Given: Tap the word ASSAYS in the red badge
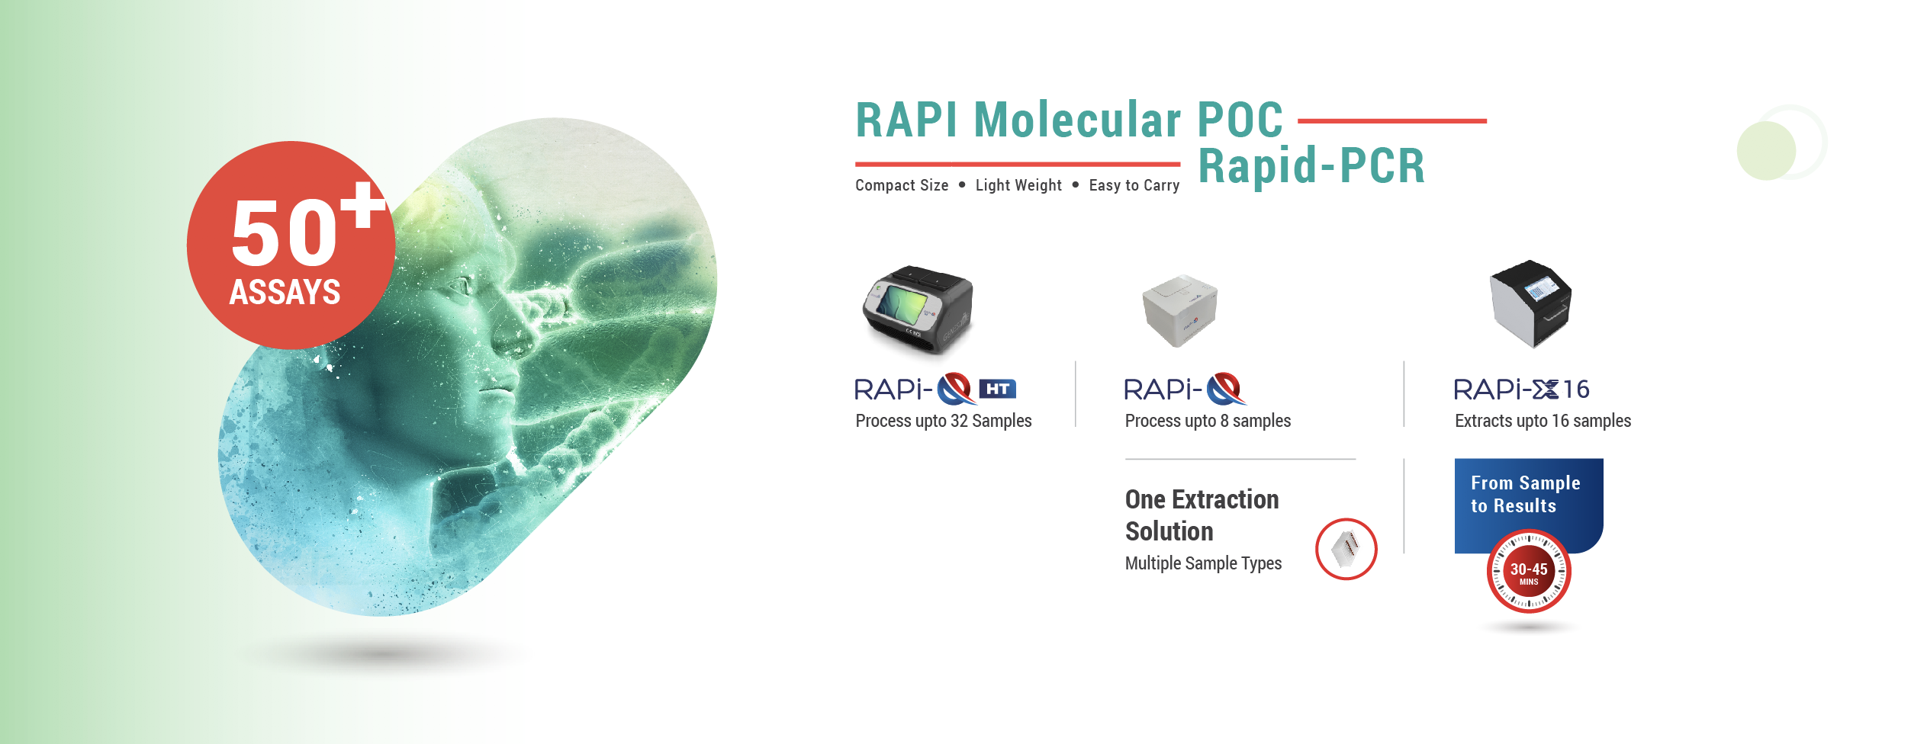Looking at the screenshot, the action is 285,292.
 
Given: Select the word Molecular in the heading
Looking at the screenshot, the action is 1077,120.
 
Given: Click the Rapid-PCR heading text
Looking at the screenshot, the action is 1311,165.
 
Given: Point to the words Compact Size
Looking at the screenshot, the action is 902,185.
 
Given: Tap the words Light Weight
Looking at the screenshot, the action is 1018,185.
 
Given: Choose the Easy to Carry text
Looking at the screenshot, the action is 1134,185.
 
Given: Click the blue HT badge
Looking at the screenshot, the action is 997,389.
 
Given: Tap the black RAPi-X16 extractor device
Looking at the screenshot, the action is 1530,303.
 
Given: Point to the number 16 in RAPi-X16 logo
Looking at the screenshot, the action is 1575,390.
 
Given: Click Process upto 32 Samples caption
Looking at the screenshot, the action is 944,421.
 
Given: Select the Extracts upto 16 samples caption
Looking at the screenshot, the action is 1543,421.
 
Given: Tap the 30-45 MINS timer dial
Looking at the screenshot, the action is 1529,572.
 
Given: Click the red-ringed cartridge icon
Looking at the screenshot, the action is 1346,549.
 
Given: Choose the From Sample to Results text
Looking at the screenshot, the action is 1525,494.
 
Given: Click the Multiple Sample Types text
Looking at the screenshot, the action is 1203,563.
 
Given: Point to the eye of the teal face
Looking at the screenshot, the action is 460,288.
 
